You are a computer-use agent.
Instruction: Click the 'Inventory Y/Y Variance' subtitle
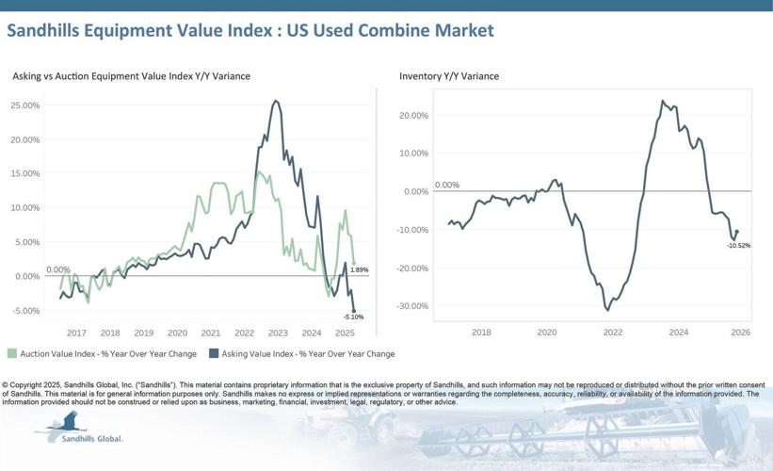click(x=449, y=75)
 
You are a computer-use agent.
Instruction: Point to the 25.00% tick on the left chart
click(x=24, y=106)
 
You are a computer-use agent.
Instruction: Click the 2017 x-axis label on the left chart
click(x=76, y=333)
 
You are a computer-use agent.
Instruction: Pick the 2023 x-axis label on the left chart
click(x=278, y=333)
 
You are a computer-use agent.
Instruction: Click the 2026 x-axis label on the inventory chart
click(x=740, y=333)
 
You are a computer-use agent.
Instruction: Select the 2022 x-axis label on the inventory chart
click(x=613, y=333)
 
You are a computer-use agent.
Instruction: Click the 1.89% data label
click(x=359, y=269)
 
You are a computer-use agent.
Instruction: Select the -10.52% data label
click(x=738, y=245)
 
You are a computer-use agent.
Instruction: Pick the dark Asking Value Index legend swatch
click(x=214, y=354)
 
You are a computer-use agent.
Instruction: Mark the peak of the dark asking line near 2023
click(x=274, y=101)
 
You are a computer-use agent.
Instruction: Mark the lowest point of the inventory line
click(x=607, y=310)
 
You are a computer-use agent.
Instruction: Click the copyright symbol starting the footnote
click(x=6, y=385)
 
